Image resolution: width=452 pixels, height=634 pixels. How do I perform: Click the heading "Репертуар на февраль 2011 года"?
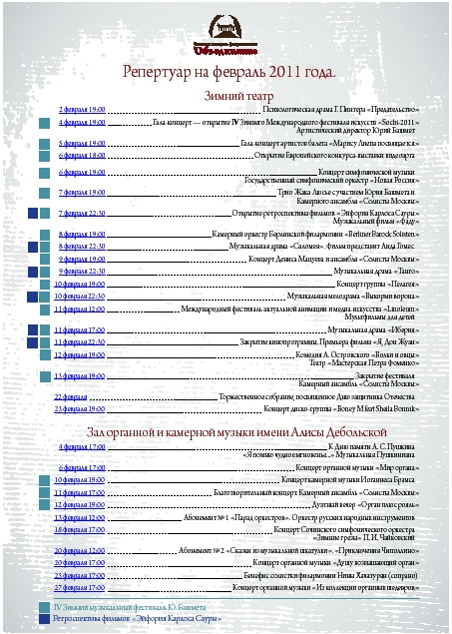point(228,73)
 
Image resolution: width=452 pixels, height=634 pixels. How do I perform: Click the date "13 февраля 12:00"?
point(83,518)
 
